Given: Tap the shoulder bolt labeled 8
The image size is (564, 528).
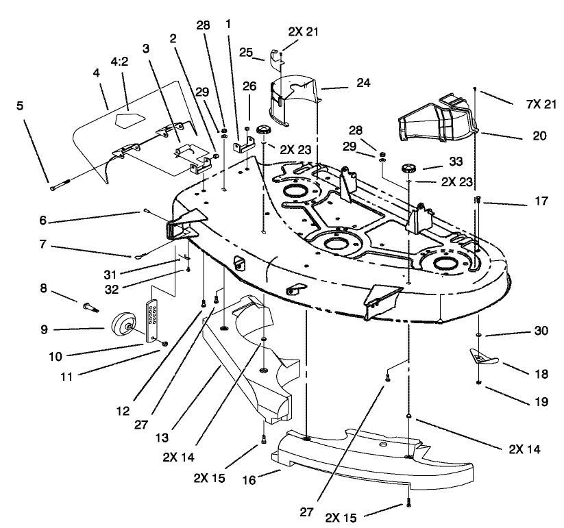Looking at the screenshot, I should [x=92, y=302].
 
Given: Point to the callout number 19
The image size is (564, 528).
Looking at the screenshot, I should [x=541, y=402].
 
